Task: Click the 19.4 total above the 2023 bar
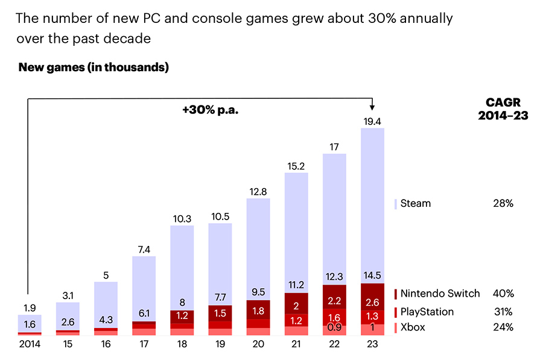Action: coord(373,121)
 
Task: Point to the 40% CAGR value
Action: coord(503,294)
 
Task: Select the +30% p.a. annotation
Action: coord(206,110)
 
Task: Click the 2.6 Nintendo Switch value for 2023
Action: coord(373,302)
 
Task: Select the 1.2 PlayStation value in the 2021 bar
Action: coord(296,320)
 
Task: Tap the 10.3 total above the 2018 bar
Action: coord(182,219)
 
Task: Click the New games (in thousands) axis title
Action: coord(94,68)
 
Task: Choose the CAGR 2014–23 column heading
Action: coord(503,109)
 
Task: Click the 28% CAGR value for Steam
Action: coord(503,203)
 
